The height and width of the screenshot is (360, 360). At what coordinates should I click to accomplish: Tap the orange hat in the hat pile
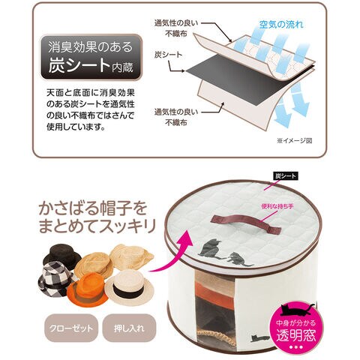pyautogui.click(x=88, y=288)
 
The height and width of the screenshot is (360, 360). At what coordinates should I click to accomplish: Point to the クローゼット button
pyautogui.click(x=71, y=328)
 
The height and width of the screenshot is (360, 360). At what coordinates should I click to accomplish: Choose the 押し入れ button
pyautogui.click(x=129, y=328)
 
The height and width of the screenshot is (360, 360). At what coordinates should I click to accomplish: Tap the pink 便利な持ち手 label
pyautogui.click(x=277, y=206)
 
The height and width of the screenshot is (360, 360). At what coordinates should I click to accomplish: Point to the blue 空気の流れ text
pyautogui.click(x=281, y=24)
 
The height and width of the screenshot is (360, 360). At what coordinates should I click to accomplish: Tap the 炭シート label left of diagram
pyautogui.click(x=168, y=55)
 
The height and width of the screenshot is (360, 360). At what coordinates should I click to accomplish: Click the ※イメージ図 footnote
pyautogui.click(x=295, y=141)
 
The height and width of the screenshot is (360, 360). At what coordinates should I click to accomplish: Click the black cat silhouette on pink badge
pyautogui.click(x=297, y=310)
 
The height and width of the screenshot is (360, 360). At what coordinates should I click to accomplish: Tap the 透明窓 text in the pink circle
pyautogui.click(x=296, y=336)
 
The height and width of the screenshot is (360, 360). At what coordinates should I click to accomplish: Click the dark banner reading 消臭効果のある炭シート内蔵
pyautogui.click(x=91, y=57)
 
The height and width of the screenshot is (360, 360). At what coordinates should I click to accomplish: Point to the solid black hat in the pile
pyautogui.click(x=61, y=254)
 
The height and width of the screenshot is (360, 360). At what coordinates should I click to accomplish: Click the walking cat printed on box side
pyautogui.click(x=260, y=338)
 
